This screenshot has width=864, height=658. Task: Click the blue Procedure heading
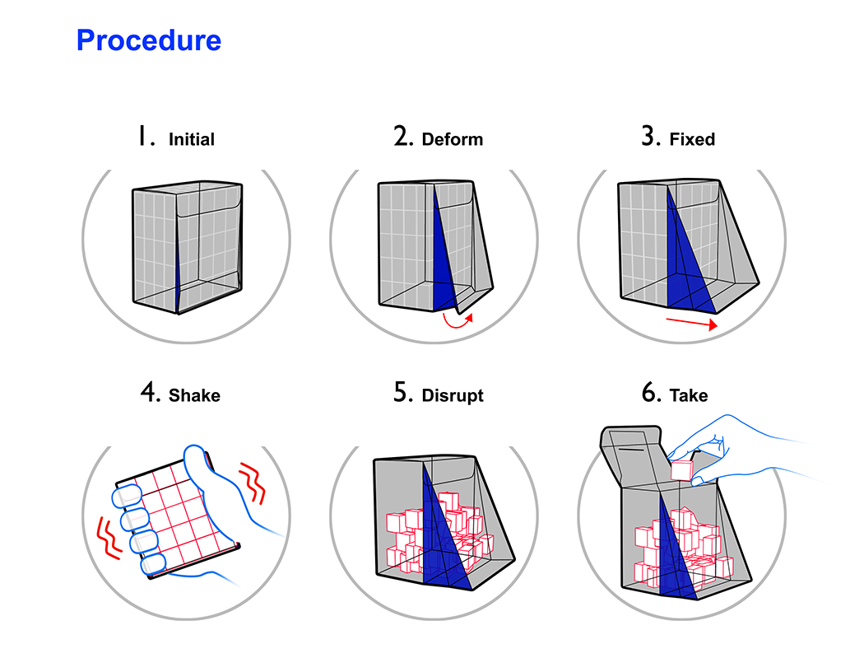(x=149, y=40)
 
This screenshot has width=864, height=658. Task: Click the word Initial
(x=191, y=140)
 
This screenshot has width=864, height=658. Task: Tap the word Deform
(x=452, y=140)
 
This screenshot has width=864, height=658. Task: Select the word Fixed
(x=692, y=140)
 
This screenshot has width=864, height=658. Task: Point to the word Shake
(x=194, y=395)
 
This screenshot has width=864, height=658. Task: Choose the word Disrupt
(x=453, y=395)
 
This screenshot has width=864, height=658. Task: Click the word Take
(x=689, y=395)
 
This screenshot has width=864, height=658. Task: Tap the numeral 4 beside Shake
(x=150, y=394)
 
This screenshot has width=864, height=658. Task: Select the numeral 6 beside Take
(x=650, y=394)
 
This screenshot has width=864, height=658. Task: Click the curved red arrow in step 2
(x=458, y=320)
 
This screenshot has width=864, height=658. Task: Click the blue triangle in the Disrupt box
(x=439, y=527)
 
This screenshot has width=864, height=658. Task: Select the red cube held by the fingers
(x=682, y=470)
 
